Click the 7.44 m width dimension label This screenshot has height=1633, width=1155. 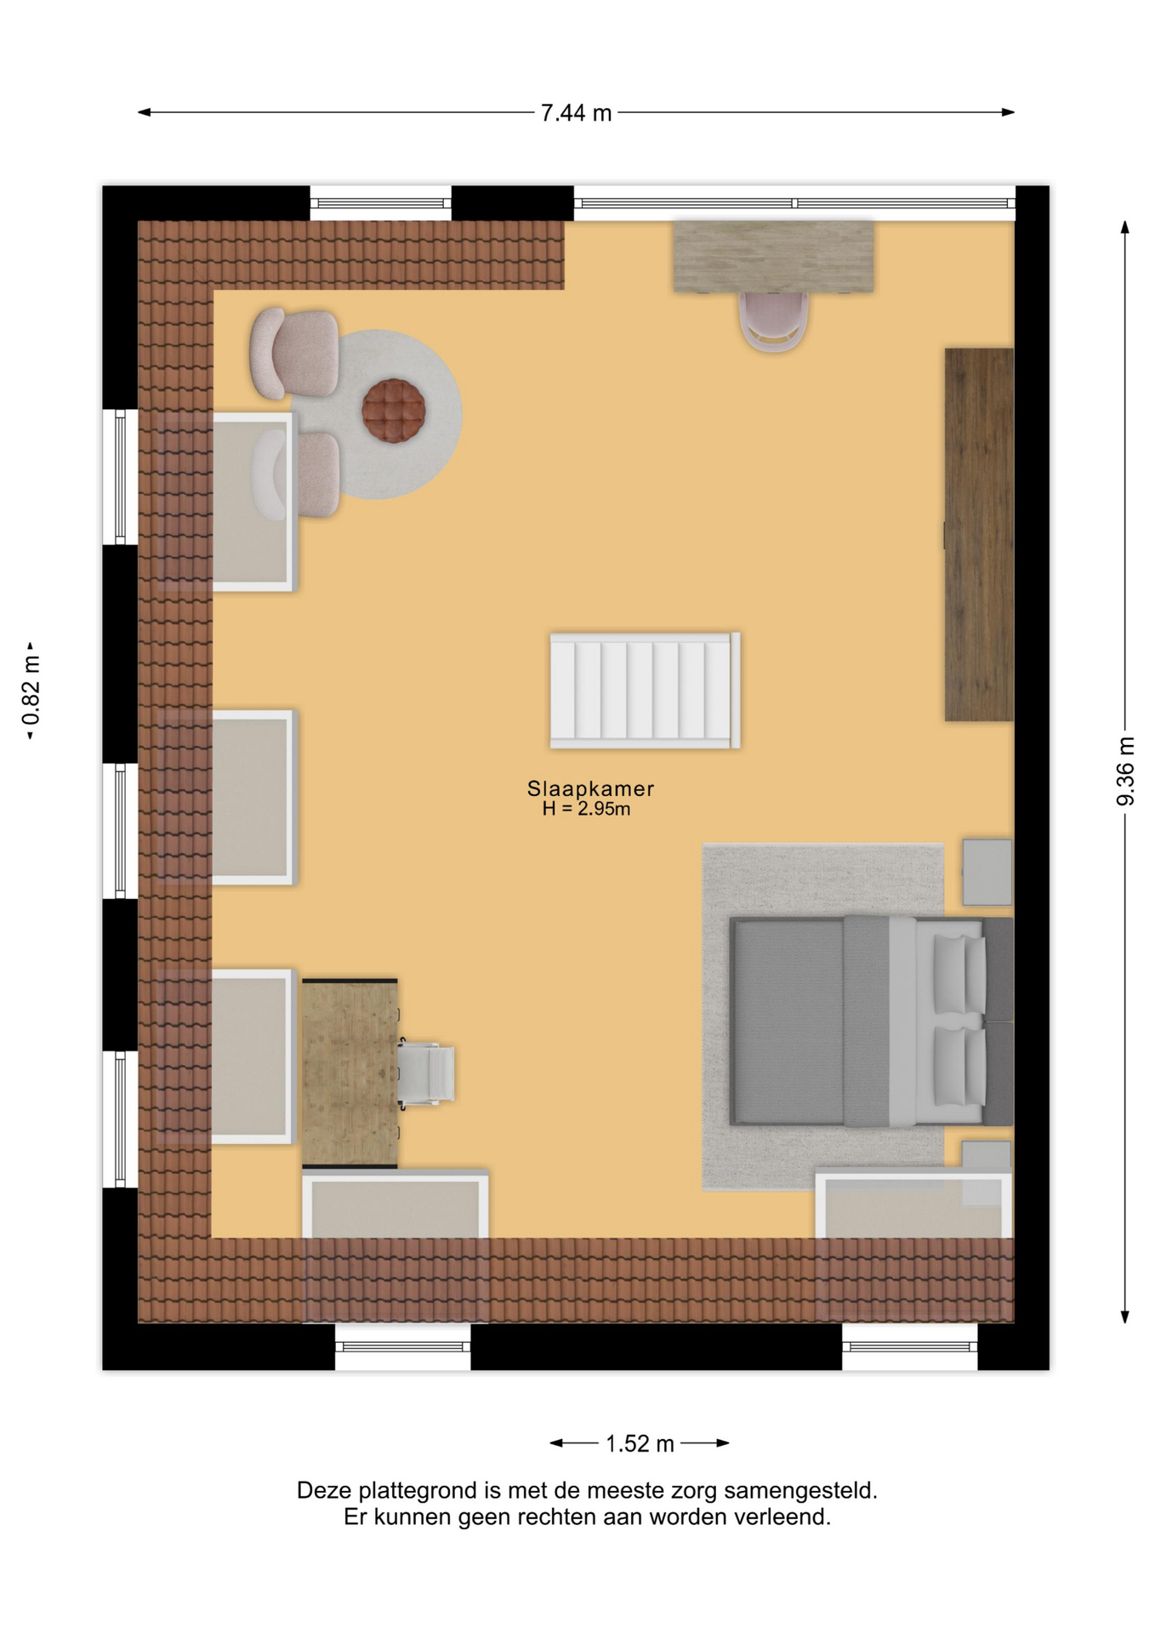click(x=576, y=113)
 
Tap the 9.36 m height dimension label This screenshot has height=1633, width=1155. click(x=1125, y=771)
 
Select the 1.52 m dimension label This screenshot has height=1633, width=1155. click(x=640, y=1443)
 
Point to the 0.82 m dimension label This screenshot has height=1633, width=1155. click(x=31, y=691)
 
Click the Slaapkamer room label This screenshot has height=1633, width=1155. click(x=590, y=788)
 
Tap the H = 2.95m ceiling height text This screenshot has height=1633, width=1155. click(x=586, y=809)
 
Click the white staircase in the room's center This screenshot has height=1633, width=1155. click(x=645, y=690)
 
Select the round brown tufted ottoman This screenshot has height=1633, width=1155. click(x=394, y=411)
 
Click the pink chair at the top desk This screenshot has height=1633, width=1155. click(x=773, y=321)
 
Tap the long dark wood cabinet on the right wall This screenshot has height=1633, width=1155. click(x=979, y=534)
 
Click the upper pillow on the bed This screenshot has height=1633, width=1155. click(x=959, y=974)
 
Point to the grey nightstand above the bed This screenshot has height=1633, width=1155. click(x=987, y=872)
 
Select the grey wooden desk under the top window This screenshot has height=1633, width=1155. click(x=773, y=256)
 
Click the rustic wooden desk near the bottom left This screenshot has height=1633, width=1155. click(x=350, y=1073)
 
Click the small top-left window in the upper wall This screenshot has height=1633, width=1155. click(x=380, y=203)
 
